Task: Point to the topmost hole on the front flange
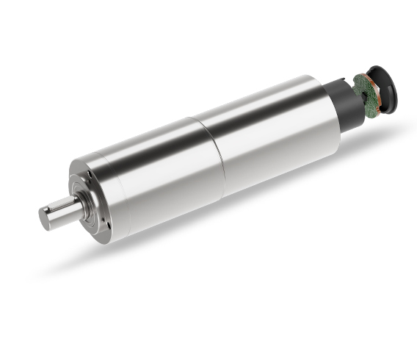87,173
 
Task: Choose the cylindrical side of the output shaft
66,213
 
